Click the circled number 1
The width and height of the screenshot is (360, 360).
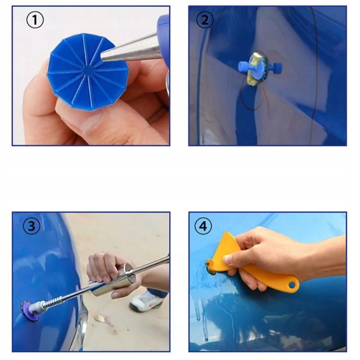coord(35,20)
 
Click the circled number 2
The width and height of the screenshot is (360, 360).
coord(205,20)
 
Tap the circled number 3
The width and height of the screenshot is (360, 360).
coord(31,226)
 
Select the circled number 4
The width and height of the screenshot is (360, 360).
coord(203,226)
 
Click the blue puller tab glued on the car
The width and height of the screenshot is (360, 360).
coord(260,68)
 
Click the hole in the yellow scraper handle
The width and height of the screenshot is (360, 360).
coord(292,285)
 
